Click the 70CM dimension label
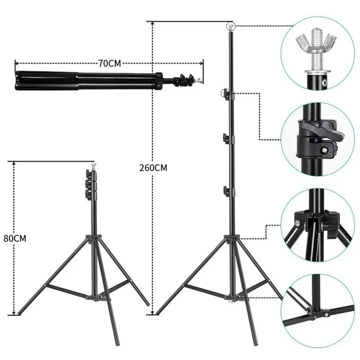coord(110,63)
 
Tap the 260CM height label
coord(153,168)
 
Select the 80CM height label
coord(15,239)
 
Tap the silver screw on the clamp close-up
coord(324,150)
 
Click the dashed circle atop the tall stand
coord(230,26)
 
